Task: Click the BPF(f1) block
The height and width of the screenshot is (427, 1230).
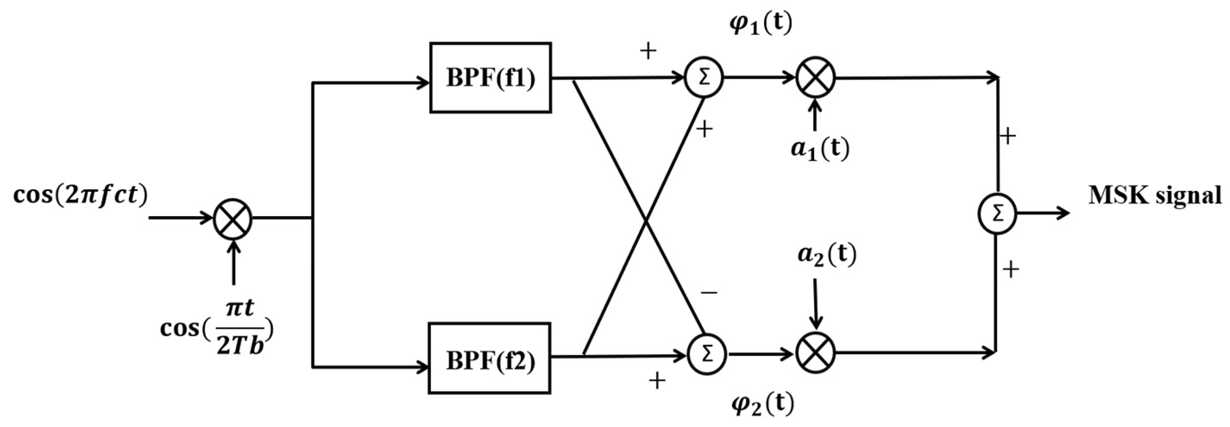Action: tap(491, 78)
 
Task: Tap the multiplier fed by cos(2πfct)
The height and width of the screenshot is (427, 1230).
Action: tap(233, 219)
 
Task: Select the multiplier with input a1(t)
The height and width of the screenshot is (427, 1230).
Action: tap(815, 77)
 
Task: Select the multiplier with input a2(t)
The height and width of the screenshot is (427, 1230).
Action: tap(815, 354)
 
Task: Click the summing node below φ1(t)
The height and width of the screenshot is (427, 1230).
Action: tap(704, 78)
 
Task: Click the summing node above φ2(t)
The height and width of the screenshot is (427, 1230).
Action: tap(707, 355)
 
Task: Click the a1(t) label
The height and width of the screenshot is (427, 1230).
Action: tap(820, 149)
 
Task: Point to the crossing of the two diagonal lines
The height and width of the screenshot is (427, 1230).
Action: tap(645, 220)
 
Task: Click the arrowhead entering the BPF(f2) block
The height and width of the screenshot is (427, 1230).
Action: tap(422, 367)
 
